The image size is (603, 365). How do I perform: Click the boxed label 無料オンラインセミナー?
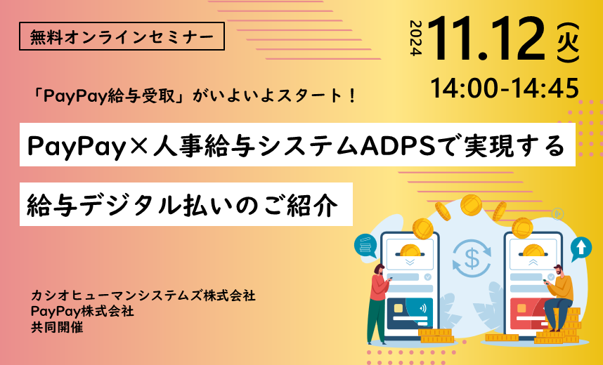point(122,36)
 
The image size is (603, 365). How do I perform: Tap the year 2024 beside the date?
point(416,38)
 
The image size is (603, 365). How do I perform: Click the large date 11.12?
point(487,39)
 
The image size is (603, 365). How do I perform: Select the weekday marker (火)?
point(568,43)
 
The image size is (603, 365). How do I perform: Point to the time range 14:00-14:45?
point(505,88)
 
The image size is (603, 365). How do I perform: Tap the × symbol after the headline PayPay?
point(139,147)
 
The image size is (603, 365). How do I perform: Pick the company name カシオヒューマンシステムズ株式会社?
point(143,296)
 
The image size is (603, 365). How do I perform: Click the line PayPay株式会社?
point(83,311)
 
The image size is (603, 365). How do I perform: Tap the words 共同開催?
point(57,326)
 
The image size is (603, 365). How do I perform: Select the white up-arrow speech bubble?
point(581,248)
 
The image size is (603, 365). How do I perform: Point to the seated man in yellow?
point(559,297)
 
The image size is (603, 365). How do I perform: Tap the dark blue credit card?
point(410,313)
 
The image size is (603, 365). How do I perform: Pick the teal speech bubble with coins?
point(365,246)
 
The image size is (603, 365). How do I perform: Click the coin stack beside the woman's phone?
point(436,335)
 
